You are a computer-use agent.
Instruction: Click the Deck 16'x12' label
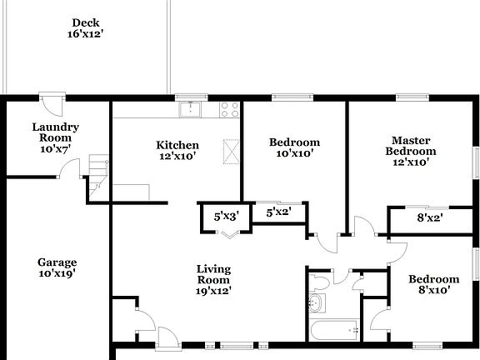(86, 28)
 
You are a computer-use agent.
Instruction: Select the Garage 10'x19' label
(57, 267)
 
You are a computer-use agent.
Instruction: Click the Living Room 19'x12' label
(213, 280)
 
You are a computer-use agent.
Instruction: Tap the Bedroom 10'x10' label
(294, 148)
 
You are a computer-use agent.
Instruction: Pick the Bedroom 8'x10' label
(433, 284)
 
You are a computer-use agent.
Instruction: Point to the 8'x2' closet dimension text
(429, 218)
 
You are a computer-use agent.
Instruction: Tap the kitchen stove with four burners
(229, 108)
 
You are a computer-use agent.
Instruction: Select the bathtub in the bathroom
(333, 331)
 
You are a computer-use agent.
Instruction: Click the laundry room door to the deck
(52, 107)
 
